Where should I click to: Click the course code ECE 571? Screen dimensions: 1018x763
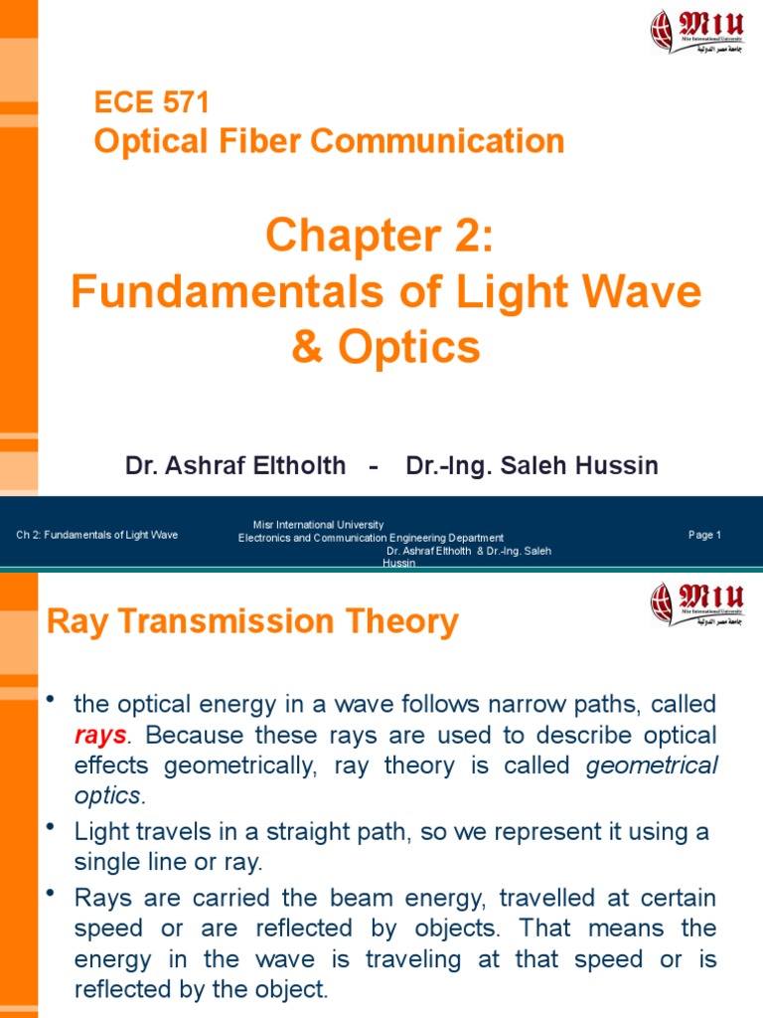coord(152,102)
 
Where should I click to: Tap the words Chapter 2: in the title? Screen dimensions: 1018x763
coord(380,237)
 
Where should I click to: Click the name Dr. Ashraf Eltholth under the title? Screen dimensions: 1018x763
coord(235,465)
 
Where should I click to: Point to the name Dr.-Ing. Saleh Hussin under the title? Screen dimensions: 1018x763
coord(533,465)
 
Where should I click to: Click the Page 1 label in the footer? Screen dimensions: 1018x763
coord(704,535)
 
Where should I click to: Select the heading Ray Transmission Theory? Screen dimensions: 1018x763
coord(253,622)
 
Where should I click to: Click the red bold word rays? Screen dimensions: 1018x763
coord(100,736)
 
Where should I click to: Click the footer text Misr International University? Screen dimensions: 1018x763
coord(319,525)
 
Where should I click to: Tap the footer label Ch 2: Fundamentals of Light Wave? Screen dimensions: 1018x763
coord(97,535)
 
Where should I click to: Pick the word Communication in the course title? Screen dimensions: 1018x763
coord(437,141)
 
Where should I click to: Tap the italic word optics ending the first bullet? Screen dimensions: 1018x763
coord(108,795)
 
